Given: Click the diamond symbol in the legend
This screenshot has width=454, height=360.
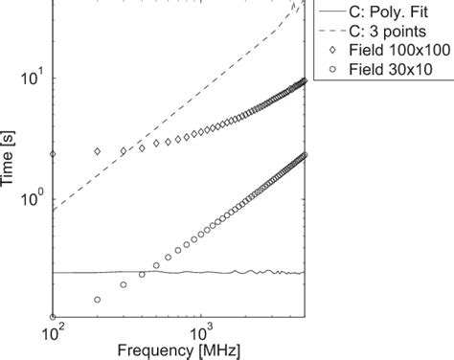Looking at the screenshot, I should coord(330,48).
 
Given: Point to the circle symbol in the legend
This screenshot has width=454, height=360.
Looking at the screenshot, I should coord(330,68).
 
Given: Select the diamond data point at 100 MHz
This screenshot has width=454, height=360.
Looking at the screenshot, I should coord(54,154).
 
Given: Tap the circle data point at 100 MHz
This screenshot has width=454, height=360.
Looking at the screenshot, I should coord(54,317).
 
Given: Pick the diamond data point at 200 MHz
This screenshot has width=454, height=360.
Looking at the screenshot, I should coord(98,151).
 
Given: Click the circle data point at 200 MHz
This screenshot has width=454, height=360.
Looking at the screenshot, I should coord(98,300).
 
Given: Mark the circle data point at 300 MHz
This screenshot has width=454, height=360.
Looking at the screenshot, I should coord(124,284).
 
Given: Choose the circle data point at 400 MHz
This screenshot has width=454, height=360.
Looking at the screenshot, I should coord(142,274).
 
